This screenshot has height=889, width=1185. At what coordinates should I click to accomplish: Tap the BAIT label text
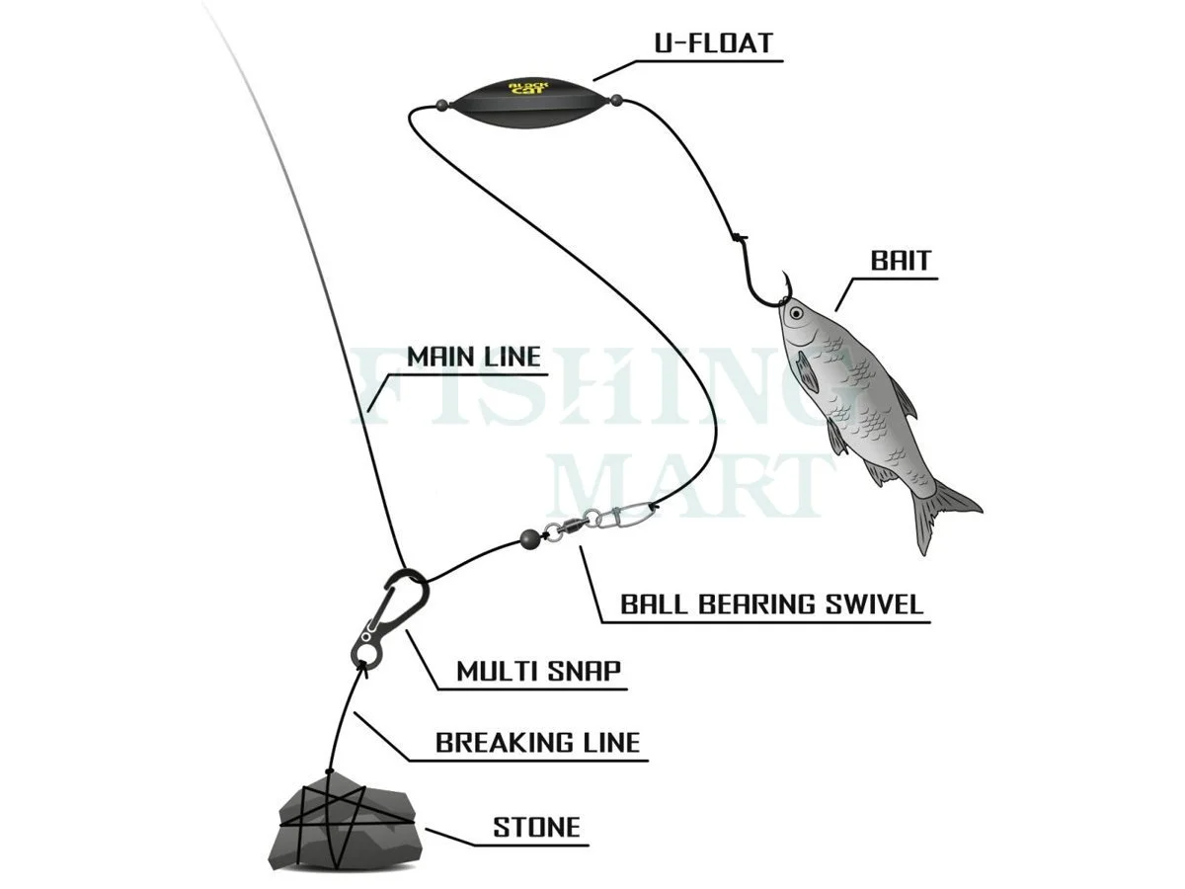pos(901,261)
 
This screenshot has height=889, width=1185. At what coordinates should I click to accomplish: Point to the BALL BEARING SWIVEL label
pos(771,604)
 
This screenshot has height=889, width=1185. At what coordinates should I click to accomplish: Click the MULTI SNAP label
pos(538,672)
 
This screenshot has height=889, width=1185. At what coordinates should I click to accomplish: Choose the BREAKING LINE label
pos(538,742)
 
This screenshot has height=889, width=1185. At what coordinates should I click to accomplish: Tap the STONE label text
pos(537,827)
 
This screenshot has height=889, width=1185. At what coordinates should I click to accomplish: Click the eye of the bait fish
pos(796,314)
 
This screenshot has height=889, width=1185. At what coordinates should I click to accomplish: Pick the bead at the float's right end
pos(616,99)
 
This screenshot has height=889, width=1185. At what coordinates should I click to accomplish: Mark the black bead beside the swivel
pos(530,539)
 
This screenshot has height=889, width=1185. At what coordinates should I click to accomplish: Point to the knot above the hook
pos(737,235)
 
